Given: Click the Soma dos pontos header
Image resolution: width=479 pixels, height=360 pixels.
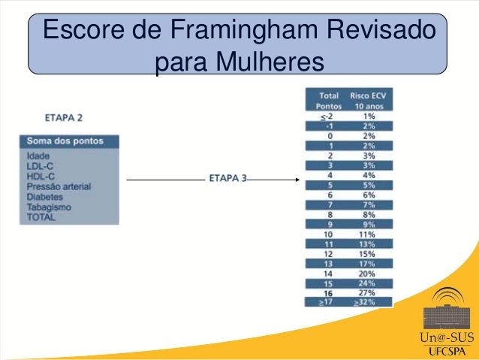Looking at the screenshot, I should [x=65, y=141].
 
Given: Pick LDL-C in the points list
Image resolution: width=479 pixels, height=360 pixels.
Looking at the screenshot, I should [x=39, y=165].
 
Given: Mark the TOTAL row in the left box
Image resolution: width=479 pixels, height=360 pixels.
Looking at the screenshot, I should [x=41, y=217].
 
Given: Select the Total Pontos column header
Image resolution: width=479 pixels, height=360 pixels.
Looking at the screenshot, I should [x=328, y=101].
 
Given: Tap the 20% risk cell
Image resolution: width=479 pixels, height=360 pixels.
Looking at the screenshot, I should [x=369, y=274].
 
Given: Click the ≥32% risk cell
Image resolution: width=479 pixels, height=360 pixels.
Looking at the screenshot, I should [x=367, y=302].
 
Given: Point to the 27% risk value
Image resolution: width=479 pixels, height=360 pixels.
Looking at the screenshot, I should [x=369, y=292].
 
